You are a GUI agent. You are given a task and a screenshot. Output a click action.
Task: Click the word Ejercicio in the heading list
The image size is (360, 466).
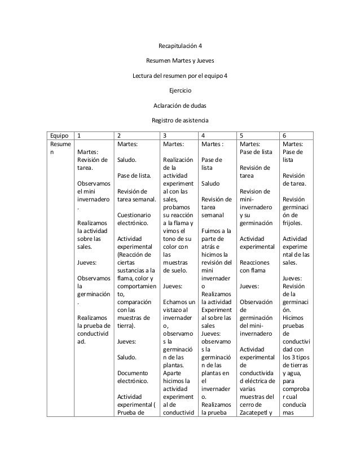pyautogui.click(x=180, y=90)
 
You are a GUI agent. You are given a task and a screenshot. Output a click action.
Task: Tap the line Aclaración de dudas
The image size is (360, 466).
pyautogui.click(x=180, y=105)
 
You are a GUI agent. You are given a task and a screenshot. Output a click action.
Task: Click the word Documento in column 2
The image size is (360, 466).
pyautogui.click(x=133, y=373)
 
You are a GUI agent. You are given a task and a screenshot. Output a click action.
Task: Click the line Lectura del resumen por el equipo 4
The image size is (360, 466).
pyautogui.click(x=180, y=76)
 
